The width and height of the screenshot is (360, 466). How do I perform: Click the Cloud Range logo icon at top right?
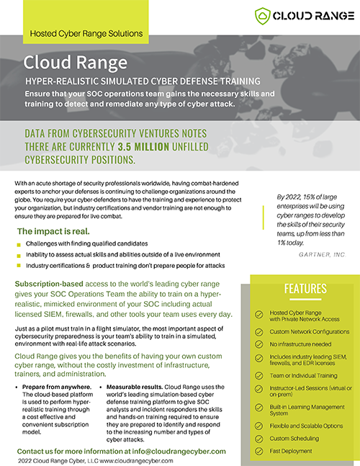(x=262, y=15)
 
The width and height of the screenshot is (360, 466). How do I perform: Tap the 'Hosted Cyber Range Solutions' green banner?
(x=86, y=33)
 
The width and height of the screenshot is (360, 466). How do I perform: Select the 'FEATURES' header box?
(x=305, y=289)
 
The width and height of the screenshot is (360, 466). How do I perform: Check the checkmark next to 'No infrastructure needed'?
(x=259, y=345)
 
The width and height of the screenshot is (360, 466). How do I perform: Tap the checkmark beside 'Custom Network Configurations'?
(x=259, y=331)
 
